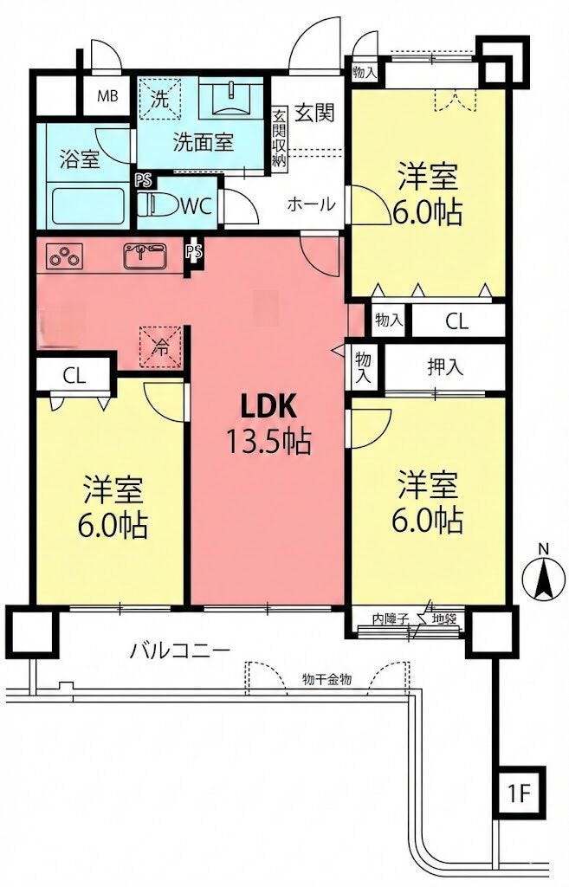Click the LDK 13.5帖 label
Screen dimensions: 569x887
[268, 423]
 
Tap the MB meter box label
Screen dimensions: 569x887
[107, 97]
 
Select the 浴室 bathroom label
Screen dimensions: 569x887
[80, 160]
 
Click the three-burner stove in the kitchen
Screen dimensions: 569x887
[65, 256]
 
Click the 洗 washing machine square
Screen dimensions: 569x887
[160, 99]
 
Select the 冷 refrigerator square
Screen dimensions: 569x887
[161, 347]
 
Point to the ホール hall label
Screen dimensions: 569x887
[311, 204]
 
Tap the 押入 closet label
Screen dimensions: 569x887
[446, 367]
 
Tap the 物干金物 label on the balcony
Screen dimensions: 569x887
[327, 679]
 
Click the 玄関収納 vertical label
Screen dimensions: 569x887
[279, 138]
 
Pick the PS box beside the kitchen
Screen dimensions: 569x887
[194, 252]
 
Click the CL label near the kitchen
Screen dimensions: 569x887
[74, 376]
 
